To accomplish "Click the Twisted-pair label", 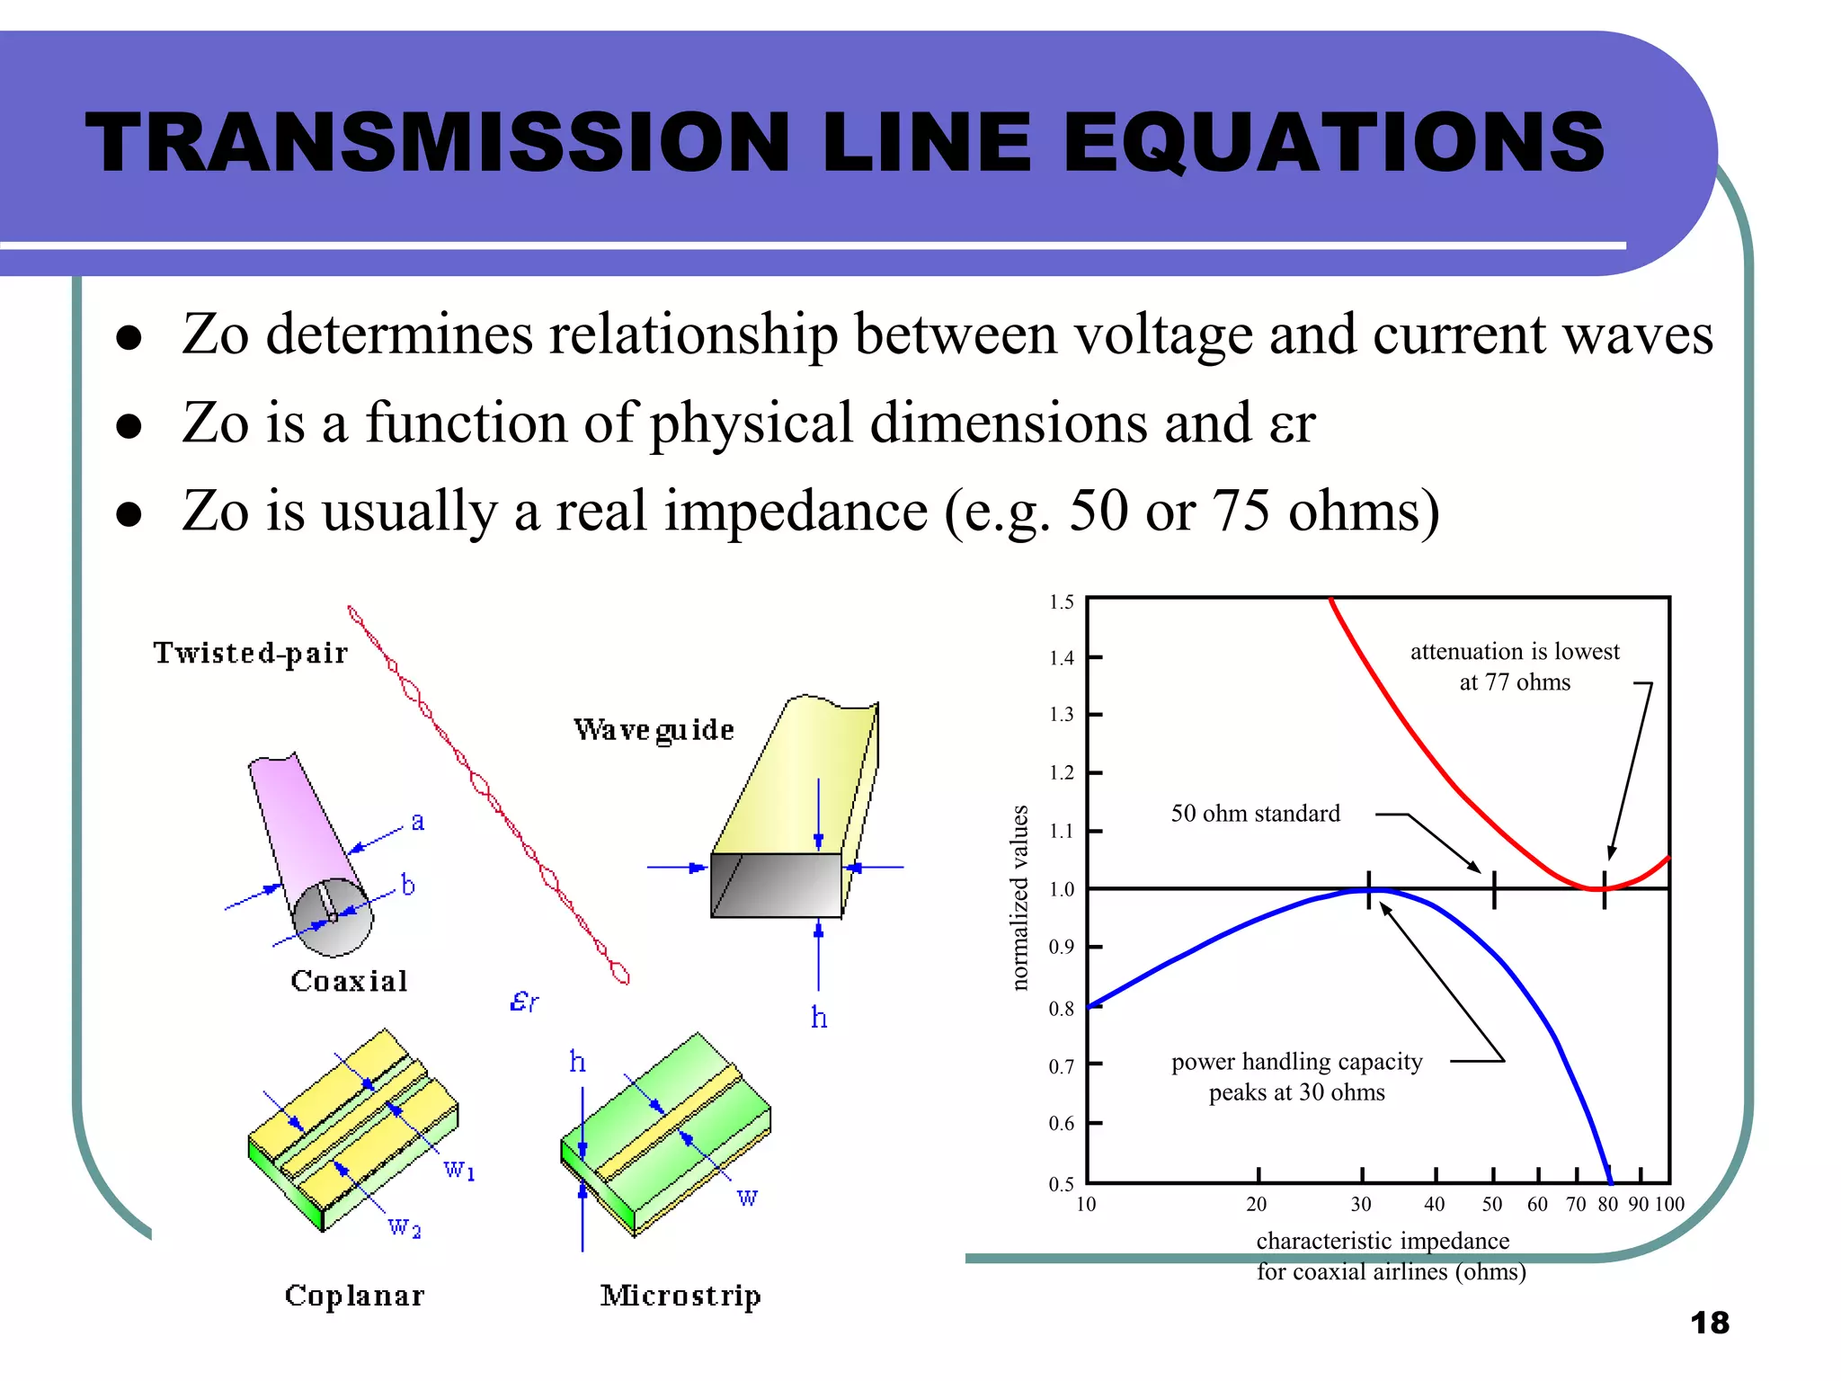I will (251, 653).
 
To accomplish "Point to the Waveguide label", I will (654, 730).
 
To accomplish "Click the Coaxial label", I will (350, 981).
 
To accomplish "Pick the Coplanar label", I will (354, 1296).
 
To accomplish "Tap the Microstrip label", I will (680, 1296).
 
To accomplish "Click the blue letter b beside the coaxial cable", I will (408, 886).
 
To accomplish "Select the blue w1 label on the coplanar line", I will (459, 1170).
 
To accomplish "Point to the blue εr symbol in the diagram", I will (524, 1001).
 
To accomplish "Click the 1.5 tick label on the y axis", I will (1062, 602).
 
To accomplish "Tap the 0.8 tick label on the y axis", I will (1062, 1009).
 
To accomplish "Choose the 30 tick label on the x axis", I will (1361, 1205).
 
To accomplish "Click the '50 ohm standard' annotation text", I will (1255, 814).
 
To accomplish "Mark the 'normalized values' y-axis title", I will (1019, 897).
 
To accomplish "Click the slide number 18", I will (1709, 1323).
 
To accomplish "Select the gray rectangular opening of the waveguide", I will (776, 886).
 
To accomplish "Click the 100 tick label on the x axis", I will (1669, 1205).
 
